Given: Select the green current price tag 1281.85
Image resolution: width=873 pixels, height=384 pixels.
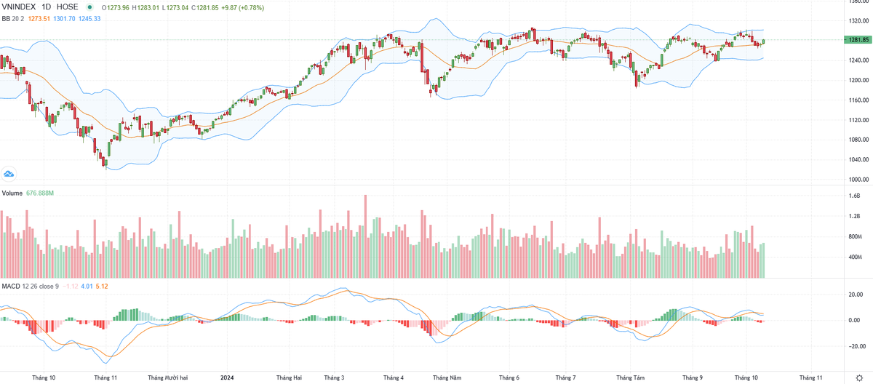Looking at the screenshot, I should [858, 40].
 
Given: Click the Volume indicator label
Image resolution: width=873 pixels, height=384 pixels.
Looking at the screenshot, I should [12, 193].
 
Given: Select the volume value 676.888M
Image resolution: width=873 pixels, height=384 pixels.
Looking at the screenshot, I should [41, 193].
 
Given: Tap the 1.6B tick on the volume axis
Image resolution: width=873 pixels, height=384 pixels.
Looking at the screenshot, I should [854, 196].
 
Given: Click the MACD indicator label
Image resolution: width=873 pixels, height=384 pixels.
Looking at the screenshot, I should [11, 286].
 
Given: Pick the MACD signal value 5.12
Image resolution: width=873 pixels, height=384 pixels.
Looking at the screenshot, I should [101, 286].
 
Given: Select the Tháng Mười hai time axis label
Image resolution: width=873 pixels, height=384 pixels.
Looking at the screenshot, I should [168, 378].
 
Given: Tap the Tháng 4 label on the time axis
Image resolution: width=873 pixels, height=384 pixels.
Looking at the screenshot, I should [394, 378].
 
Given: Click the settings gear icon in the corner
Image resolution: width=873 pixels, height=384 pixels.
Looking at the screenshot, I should [858, 378].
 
